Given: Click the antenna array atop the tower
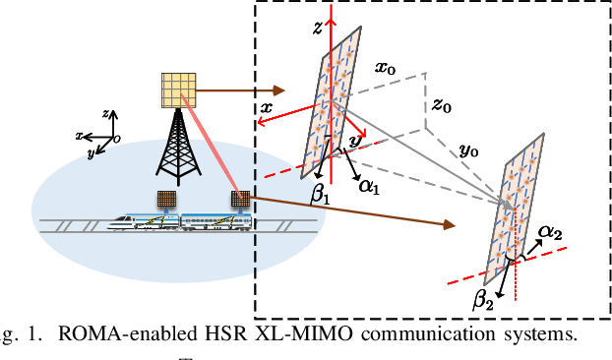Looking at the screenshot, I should (x=177, y=91).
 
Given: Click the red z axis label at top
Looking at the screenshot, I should (x=318, y=30).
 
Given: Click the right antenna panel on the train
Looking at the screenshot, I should (x=239, y=200).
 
